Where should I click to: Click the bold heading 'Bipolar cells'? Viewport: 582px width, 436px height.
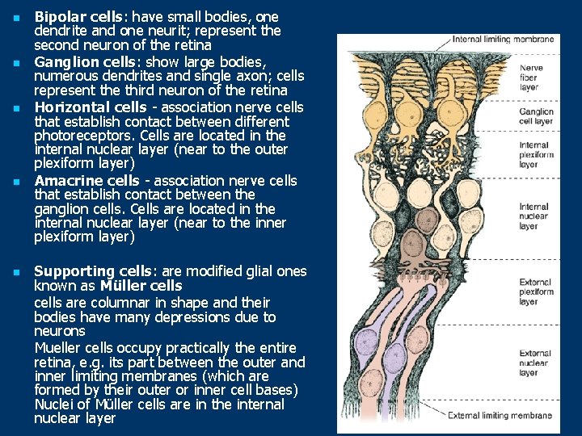76,16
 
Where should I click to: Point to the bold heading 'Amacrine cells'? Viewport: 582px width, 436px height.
86,180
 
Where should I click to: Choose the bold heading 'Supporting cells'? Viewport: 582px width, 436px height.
91,271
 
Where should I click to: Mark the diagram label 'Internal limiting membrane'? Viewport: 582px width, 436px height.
503,39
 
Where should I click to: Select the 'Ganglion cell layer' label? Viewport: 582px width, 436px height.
536,116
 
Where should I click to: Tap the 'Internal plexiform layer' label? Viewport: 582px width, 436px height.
534,154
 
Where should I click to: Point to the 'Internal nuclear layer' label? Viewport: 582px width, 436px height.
534,216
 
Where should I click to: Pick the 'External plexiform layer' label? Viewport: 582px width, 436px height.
535,291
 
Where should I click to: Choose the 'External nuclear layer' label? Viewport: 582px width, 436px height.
535,363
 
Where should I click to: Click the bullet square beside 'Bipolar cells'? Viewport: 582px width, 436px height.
14,16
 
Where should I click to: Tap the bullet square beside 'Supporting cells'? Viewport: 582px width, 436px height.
14,272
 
